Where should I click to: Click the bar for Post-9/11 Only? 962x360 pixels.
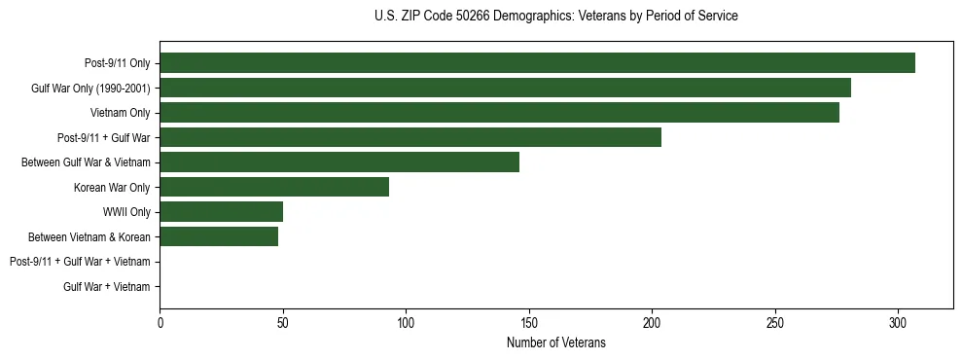click(537, 63)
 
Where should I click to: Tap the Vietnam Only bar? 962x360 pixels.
click(499, 113)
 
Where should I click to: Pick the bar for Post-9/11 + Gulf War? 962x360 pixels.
click(410, 137)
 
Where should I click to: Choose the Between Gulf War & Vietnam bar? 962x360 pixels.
click(339, 162)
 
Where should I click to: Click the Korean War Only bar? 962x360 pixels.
click(274, 187)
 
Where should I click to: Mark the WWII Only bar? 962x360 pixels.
click(222, 212)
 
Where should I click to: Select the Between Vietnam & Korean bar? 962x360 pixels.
click(219, 236)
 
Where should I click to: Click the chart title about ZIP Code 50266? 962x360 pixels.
click(555, 16)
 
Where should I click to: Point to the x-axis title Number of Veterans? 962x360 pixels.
click(555, 342)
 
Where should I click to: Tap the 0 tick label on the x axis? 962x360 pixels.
click(160, 323)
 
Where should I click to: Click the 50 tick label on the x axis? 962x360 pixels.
click(283, 323)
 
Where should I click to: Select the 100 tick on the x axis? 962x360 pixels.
click(406, 323)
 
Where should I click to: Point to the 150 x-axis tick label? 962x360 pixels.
click(529, 323)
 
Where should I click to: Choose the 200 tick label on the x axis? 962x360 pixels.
click(652, 323)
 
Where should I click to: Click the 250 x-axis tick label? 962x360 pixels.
click(775, 323)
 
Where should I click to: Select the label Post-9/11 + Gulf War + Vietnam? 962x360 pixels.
click(80, 262)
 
